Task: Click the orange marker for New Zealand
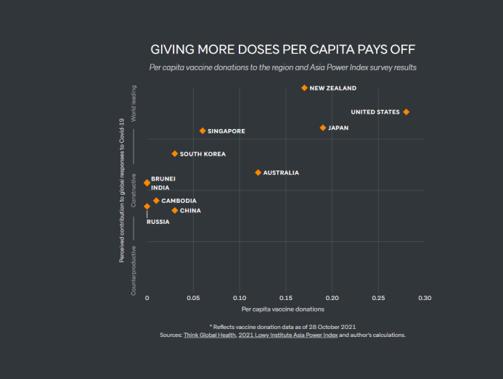(x=304, y=88)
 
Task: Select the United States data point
(x=406, y=112)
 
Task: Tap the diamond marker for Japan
(x=323, y=128)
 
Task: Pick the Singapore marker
(x=203, y=130)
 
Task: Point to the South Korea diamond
(x=175, y=154)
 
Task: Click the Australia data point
(x=258, y=172)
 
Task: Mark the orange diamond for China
(x=175, y=210)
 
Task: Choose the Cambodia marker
(x=156, y=201)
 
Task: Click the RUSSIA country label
(x=158, y=222)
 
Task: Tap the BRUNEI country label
(x=163, y=178)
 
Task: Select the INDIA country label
(x=160, y=188)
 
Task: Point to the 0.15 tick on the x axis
(x=285, y=298)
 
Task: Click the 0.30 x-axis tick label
(x=425, y=298)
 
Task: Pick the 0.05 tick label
(x=193, y=298)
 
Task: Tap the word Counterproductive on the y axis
(x=134, y=270)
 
